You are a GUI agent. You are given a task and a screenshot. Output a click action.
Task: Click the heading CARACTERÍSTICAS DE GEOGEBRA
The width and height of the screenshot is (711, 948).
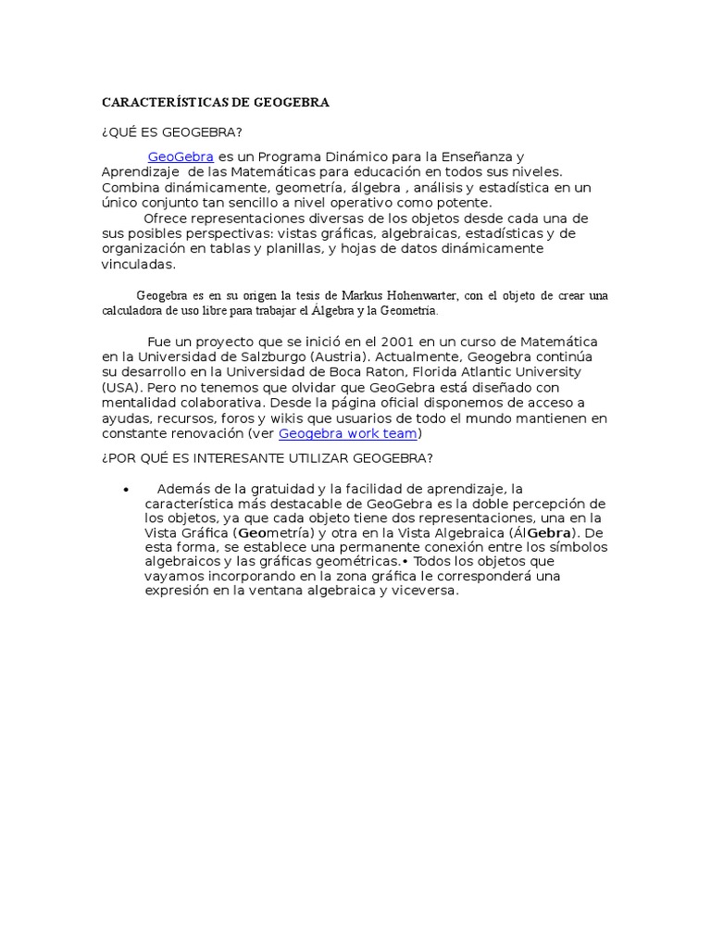click(215, 103)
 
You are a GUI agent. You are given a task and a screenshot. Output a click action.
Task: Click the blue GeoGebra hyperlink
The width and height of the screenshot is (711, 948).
click(181, 156)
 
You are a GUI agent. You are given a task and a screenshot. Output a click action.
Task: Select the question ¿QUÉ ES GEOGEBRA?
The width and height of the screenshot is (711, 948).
click(171, 132)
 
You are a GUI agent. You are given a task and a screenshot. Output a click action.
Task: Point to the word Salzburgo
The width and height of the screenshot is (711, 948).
click(266, 356)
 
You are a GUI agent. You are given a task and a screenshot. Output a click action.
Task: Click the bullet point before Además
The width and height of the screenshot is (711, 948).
click(125, 489)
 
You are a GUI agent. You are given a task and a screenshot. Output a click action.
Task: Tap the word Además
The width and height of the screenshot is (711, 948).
click(183, 489)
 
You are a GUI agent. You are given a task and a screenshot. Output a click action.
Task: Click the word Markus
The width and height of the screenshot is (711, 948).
click(352, 295)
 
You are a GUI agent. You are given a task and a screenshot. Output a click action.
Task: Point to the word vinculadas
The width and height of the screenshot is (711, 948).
click(138, 265)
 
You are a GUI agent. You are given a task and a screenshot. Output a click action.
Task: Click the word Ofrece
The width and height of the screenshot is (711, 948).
click(164, 218)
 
